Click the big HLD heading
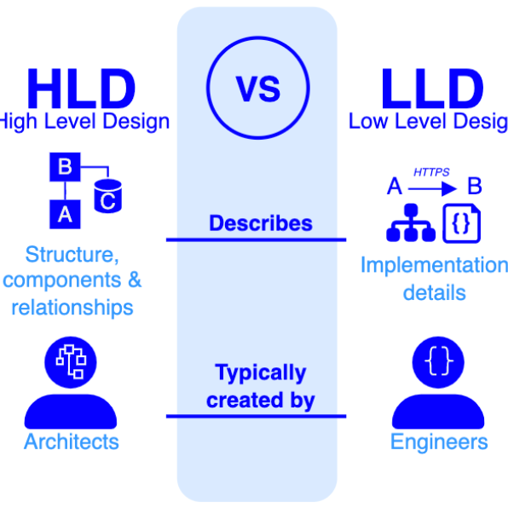tap(81, 89)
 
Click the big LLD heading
tap(433, 89)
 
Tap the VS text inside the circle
tap(258, 89)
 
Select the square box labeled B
tap(65, 167)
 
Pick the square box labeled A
tap(65, 215)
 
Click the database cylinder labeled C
tap(108, 196)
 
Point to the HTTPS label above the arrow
tap(431, 172)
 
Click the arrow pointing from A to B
tap(432, 188)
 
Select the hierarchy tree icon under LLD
tap(411, 222)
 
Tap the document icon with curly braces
tap(461, 223)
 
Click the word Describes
tap(261, 223)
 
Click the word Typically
tap(261, 372)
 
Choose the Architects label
tap(72, 442)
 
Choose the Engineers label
tap(439, 442)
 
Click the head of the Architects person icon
tap(71, 362)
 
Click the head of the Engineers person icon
tap(438, 362)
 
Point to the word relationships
tap(72, 307)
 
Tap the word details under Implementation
tap(435, 292)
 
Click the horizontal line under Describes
tap(257, 240)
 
